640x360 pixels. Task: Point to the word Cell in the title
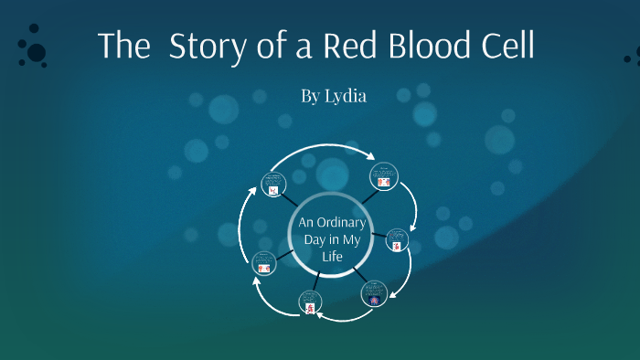pos(506,46)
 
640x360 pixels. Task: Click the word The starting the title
pos(123,46)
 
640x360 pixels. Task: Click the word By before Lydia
pos(311,95)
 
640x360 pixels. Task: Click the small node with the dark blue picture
pos(373,294)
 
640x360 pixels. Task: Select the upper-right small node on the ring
pos(384,175)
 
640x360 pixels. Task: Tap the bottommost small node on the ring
pos(311,303)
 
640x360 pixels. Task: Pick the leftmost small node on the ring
pos(263,263)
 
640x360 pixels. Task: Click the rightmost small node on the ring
pos(397,239)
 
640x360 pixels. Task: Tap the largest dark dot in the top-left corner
pos(37,53)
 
